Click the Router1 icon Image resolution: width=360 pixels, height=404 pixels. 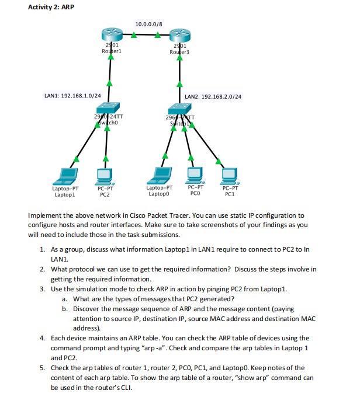tap(109, 34)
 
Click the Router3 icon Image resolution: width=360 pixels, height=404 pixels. tap(179, 34)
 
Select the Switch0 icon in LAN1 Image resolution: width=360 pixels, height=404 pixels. tap(108, 108)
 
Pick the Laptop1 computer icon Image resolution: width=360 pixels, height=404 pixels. tap(65, 175)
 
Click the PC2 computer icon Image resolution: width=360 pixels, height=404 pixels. tap(105, 175)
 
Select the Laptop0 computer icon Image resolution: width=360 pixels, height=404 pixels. tap(159, 175)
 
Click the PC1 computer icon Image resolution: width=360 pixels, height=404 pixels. tap(229, 175)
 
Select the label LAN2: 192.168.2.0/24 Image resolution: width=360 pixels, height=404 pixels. tap(213, 96)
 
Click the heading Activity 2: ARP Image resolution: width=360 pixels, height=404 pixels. tap(51, 7)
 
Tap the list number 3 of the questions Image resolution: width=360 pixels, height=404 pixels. tap(43, 289)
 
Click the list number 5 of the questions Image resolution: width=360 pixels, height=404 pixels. tap(43, 368)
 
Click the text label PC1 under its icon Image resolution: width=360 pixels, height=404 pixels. tap(229, 193)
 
